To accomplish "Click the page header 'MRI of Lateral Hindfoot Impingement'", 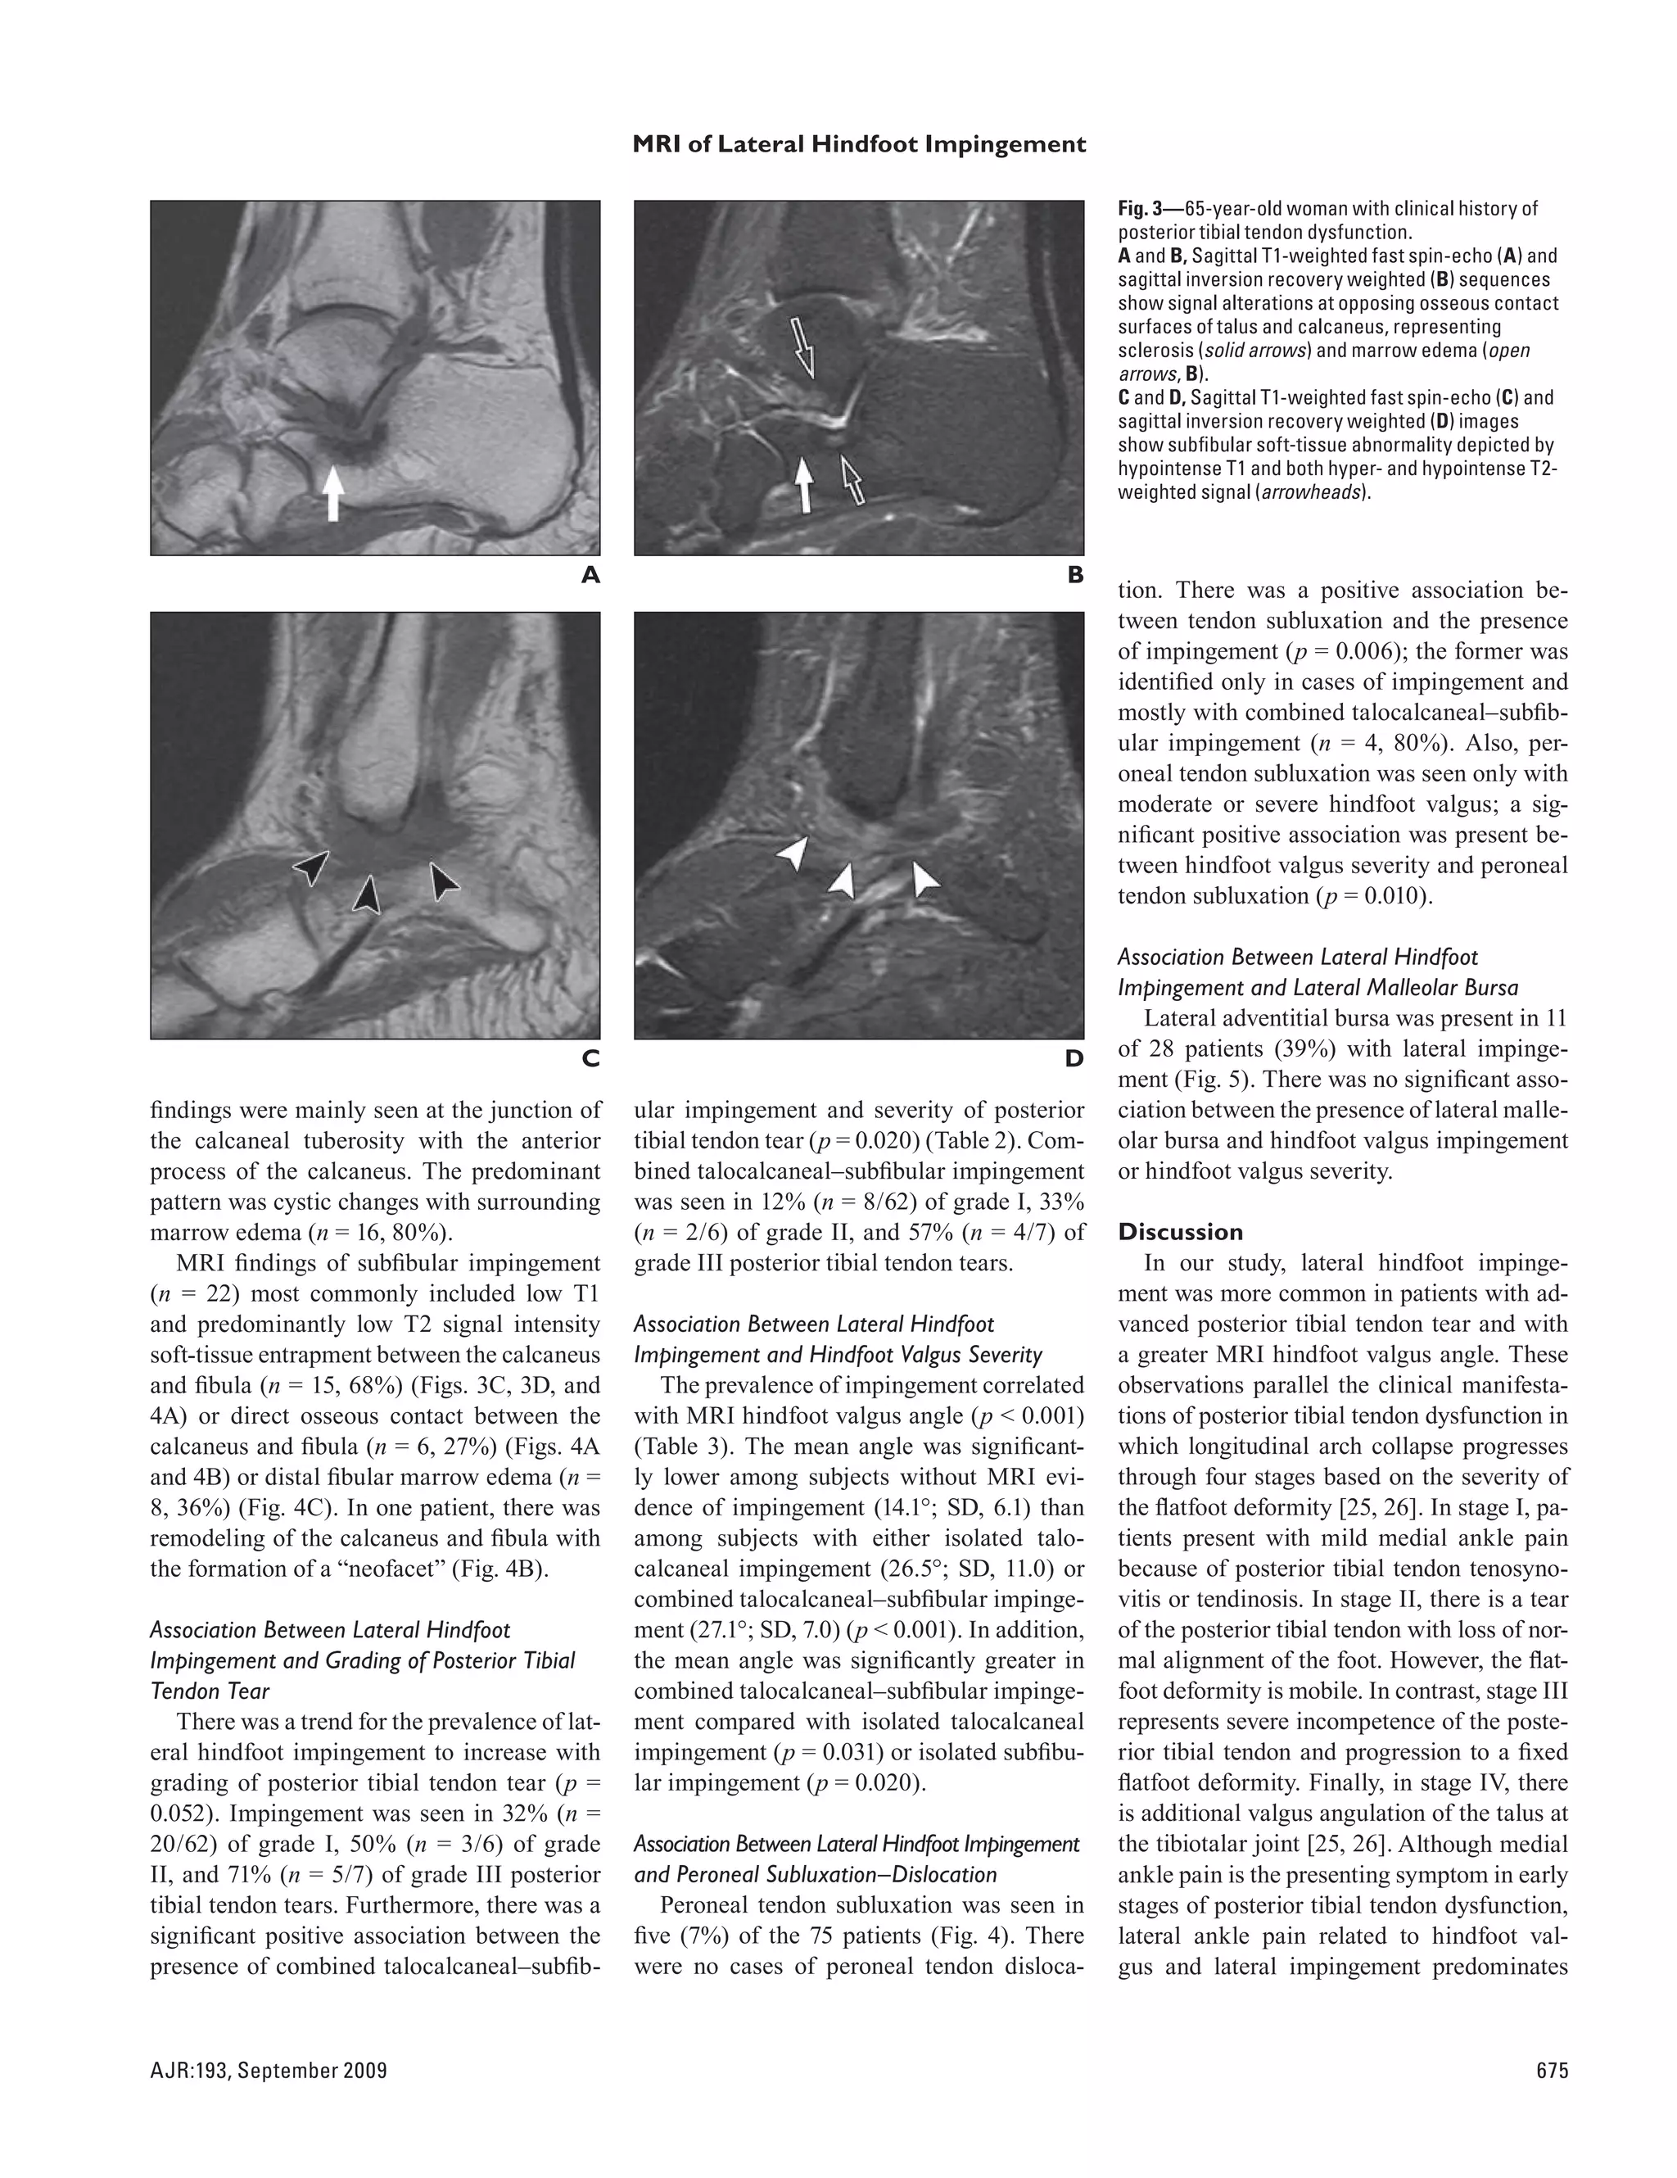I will pyautogui.click(x=858, y=145).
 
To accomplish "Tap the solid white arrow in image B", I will pyautogui.click(x=802, y=483).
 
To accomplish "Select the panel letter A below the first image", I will pyautogui.click(x=590, y=575).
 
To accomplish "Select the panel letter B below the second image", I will pyautogui.click(x=1075, y=575).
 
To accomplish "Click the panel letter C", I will pyautogui.click(x=590, y=1059).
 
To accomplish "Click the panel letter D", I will pyautogui.click(x=1074, y=1059).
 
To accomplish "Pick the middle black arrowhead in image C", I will pyautogui.click(x=368, y=894).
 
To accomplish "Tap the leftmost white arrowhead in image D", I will pyautogui.click(x=794, y=853).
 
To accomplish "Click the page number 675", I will pyautogui.click(x=1553, y=2072).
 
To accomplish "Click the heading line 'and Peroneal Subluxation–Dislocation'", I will pyautogui.click(x=815, y=1875).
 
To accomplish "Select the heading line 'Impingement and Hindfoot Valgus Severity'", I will pyautogui.click(x=838, y=1354).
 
